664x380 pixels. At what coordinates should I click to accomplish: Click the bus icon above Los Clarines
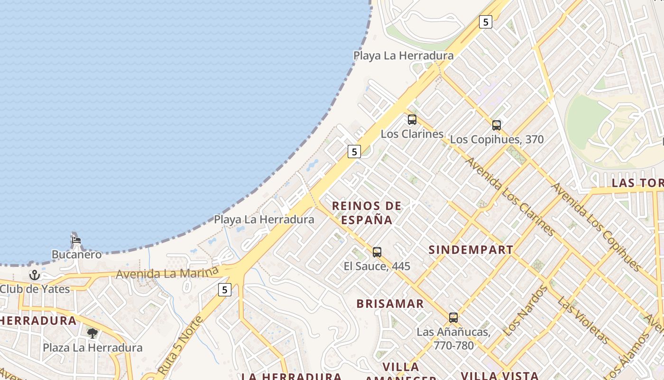[412, 119]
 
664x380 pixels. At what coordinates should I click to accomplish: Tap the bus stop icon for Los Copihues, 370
[496, 125]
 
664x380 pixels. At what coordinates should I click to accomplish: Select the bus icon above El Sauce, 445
[377, 252]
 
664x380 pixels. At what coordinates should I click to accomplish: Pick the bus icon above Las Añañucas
[453, 317]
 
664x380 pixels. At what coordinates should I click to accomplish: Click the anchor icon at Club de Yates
[34, 275]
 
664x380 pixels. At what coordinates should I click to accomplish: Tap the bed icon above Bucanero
[76, 240]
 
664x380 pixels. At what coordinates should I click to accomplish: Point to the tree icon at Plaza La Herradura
[92, 333]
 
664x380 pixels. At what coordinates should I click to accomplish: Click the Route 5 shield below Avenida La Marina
[224, 289]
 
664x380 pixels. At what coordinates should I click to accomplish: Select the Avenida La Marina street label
[167, 274]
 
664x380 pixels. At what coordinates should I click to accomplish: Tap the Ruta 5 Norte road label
[180, 344]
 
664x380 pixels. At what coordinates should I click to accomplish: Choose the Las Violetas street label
[583, 321]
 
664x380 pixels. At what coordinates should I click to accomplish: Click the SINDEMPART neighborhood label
[470, 250]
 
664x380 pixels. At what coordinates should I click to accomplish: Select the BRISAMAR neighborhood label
[390, 304]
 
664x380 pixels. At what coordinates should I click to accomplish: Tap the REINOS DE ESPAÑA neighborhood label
[367, 212]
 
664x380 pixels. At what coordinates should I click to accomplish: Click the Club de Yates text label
[35, 289]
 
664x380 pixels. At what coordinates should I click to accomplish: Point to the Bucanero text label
[76, 255]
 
